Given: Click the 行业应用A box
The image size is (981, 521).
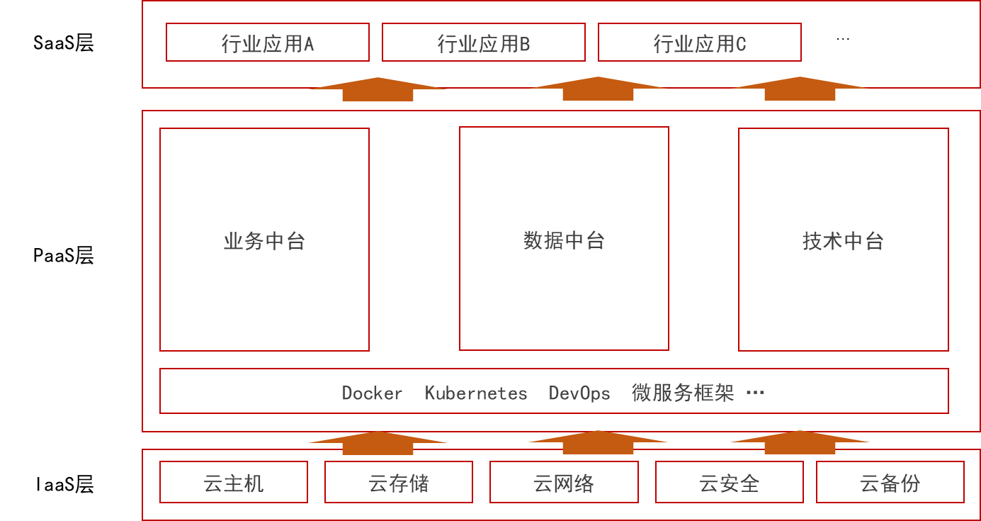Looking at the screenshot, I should click(268, 43).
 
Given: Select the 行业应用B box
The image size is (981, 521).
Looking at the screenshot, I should click(484, 43).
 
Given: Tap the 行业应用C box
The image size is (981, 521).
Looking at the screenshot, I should click(700, 43).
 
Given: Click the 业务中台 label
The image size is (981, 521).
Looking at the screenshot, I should click(264, 242).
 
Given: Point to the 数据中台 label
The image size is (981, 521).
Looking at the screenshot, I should click(564, 241).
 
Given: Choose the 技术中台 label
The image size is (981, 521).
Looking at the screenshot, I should click(843, 242).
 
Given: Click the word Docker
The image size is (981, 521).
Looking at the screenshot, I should click(372, 393).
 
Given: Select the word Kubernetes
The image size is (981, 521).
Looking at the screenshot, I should click(475, 393).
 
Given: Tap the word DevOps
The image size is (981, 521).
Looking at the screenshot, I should click(579, 393).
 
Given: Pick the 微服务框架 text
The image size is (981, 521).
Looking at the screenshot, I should click(682, 393).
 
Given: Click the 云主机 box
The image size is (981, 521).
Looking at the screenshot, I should click(234, 483).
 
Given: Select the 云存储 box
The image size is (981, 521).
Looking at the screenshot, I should click(399, 483).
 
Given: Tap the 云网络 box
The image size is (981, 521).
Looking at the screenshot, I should click(564, 483).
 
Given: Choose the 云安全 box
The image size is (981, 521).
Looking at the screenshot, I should click(730, 483).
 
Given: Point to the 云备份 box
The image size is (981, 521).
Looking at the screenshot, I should click(890, 483).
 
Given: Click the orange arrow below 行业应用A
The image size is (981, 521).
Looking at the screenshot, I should click(378, 89).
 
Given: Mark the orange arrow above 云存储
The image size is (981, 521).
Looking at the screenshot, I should click(378, 443).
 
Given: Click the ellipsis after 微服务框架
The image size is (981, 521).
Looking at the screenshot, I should click(755, 393).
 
